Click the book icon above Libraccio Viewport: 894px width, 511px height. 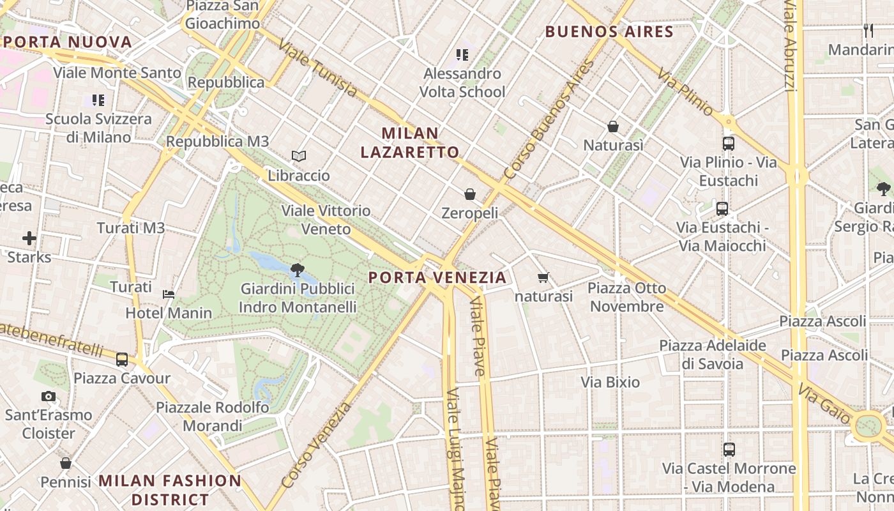(x=298, y=156)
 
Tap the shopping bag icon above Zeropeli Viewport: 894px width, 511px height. (x=470, y=194)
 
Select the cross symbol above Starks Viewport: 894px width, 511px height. (x=29, y=238)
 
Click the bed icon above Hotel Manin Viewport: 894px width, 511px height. (x=169, y=294)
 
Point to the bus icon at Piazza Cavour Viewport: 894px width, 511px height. (x=122, y=360)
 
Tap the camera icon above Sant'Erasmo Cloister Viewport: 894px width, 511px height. (x=49, y=396)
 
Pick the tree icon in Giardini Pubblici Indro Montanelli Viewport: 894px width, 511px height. (x=297, y=270)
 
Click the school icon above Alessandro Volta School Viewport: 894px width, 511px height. (x=462, y=55)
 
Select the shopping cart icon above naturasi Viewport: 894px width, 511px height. (x=543, y=277)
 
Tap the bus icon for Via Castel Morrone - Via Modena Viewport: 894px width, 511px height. (x=729, y=450)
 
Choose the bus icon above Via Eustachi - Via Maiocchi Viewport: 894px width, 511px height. (x=722, y=209)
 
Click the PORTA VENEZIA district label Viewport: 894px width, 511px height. (x=438, y=278)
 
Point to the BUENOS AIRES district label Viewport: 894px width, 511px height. (x=609, y=32)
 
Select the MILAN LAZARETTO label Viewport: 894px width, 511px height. (x=410, y=142)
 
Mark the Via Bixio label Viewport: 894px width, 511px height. (x=610, y=382)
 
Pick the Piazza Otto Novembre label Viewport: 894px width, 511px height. (x=626, y=297)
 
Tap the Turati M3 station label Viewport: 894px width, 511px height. (x=131, y=228)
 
